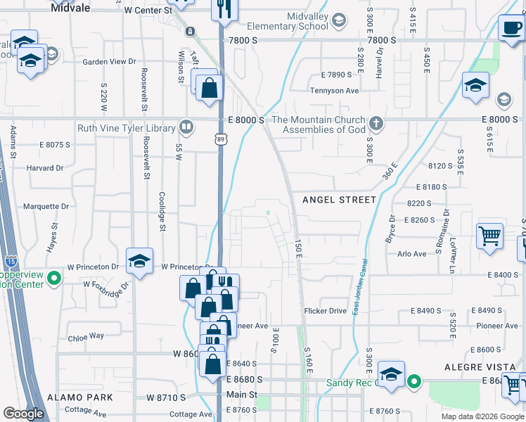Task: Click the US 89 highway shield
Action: click(220, 140)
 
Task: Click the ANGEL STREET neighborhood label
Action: click(339, 200)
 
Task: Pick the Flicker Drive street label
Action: click(325, 311)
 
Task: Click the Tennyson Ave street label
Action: click(335, 91)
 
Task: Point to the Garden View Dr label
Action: click(109, 62)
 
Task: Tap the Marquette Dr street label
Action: click(46, 207)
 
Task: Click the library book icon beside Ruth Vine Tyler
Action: click(186, 127)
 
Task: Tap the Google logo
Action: click(24, 414)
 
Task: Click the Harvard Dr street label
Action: click(45, 168)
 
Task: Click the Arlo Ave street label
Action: click(411, 254)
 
